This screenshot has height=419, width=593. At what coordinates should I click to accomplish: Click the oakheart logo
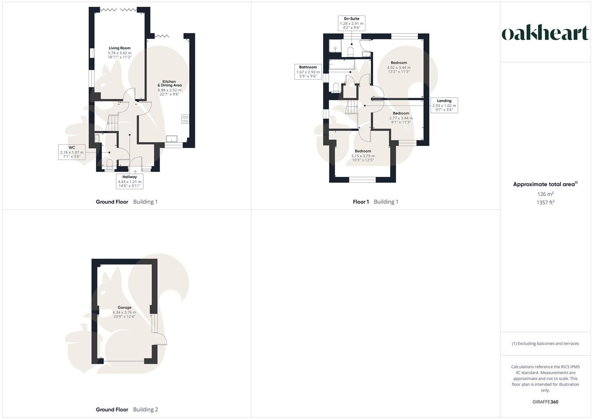545,33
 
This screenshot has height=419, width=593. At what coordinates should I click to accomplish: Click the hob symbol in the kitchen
185,119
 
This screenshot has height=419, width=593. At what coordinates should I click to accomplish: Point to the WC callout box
72,152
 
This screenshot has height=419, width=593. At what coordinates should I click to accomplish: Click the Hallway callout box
130,181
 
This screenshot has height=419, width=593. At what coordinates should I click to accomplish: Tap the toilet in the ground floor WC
110,163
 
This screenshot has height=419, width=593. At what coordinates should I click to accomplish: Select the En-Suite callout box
351,23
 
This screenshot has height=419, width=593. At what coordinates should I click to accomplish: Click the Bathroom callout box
308,72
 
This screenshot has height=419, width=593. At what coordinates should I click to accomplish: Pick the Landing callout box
444,105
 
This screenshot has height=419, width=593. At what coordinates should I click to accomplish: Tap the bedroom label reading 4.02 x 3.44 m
399,67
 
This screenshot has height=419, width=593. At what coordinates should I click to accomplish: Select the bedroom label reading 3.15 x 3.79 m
363,155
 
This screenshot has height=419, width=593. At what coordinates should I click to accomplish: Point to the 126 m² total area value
545,194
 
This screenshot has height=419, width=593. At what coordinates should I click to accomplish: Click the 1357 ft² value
545,202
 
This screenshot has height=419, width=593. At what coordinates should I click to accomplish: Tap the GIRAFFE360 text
545,402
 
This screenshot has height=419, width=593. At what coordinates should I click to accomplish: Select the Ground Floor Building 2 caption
127,409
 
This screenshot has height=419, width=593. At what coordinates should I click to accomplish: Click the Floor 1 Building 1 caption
376,202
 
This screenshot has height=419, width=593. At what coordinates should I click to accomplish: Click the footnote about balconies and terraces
545,343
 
